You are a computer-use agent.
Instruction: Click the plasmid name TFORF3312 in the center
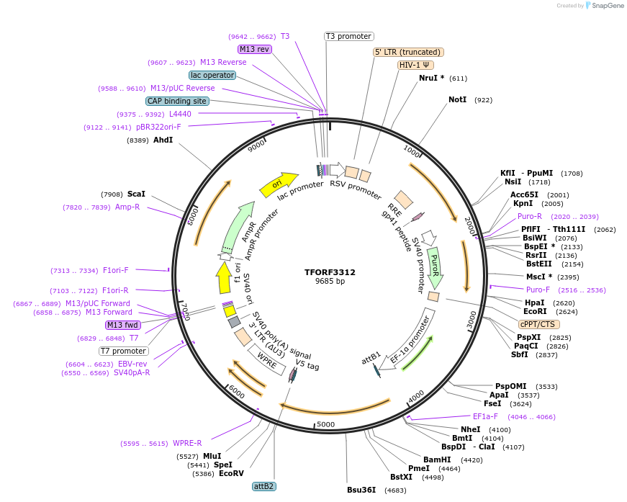(x=330, y=272)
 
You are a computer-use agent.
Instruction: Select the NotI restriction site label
(x=457, y=100)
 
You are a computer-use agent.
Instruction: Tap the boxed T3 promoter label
(x=348, y=36)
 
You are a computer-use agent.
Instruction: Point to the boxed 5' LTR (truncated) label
(x=408, y=52)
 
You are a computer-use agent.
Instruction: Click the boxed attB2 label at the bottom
(x=263, y=486)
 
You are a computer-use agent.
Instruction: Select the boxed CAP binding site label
(x=177, y=101)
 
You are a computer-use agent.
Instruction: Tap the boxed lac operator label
(x=212, y=75)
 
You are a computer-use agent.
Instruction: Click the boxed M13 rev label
(x=254, y=49)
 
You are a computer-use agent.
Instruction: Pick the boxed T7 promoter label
(x=123, y=351)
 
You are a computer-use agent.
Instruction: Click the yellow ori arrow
(x=279, y=185)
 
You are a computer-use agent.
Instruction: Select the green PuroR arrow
(x=435, y=266)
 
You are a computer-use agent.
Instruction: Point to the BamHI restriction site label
(x=437, y=460)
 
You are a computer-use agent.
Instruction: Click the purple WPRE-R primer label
(x=187, y=443)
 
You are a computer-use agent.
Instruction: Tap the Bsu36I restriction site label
(x=361, y=490)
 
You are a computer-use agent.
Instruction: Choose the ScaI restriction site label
(x=136, y=194)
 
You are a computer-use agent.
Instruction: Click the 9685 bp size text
(x=330, y=282)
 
